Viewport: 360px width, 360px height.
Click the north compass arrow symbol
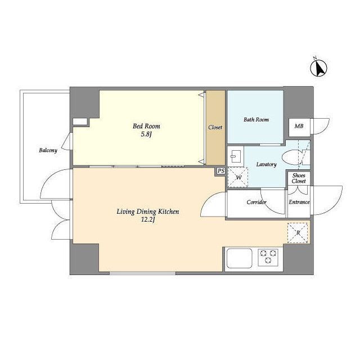[319, 68]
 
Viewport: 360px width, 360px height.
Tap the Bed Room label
[146, 126]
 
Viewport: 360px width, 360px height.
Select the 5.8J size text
[146, 134]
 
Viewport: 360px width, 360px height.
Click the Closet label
[215, 127]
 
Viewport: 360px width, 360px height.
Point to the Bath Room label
[256, 119]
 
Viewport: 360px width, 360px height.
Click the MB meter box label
[299, 126]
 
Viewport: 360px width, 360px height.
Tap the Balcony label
[48, 150]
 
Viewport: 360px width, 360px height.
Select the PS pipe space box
[221, 171]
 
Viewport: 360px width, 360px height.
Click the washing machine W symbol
[238, 177]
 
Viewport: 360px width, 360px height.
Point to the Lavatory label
[266, 164]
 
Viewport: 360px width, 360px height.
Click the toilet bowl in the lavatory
[291, 157]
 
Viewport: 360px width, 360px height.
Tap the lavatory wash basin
[235, 156]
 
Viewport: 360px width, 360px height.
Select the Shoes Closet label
[299, 178]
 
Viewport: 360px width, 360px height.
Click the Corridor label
[256, 202]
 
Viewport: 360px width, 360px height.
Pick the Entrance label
[299, 202]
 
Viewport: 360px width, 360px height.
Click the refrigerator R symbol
[298, 233]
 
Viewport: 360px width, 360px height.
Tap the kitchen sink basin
[239, 258]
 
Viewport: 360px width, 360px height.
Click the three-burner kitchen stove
[268, 257]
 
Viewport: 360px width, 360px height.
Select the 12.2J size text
[148, 220]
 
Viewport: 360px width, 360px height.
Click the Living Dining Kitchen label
[148, 211]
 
